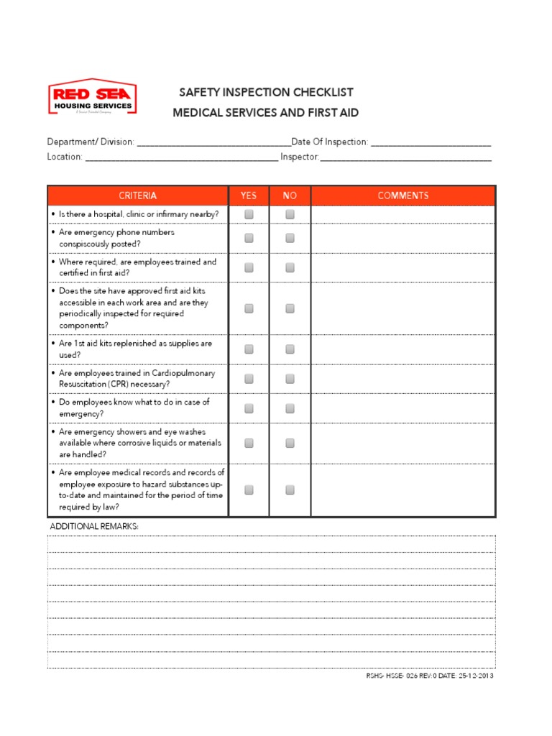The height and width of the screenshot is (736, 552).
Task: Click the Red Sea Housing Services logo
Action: (x=92, y=98)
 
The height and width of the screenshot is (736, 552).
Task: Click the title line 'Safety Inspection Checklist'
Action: (x=266, y=93)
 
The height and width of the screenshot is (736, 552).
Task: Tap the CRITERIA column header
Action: (x=138, y=195)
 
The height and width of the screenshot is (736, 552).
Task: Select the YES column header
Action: (x=249, y=195)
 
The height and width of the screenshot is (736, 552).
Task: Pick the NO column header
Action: (x=290, y=195)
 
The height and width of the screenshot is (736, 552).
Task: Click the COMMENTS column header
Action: (x=402, y=195)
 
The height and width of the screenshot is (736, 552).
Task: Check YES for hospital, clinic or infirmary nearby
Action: (x=249, y=214)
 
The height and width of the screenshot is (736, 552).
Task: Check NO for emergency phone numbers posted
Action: (x=290, y=238)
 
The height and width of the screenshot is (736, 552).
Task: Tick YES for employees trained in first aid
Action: (x=249, y=267)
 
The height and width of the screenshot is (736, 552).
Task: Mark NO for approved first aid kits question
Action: (x=290, y=308)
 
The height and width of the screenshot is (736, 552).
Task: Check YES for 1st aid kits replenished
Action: (x=249, y=349)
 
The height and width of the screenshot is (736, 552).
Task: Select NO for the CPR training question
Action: (x=290, y=379)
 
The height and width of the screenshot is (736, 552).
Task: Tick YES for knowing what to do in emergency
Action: (x=249, y=408)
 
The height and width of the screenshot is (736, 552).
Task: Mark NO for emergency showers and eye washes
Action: (x=290, y=443)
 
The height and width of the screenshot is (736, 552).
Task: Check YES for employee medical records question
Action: (x=249, y=490)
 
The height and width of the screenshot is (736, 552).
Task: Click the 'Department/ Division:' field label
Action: (x=91, y=142)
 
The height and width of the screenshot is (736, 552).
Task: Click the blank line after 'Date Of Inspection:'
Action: (x=431, y=143)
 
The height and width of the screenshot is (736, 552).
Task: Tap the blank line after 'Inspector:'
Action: (x=405, y=157)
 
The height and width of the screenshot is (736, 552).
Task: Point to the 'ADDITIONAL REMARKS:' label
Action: (x=94, y=527)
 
